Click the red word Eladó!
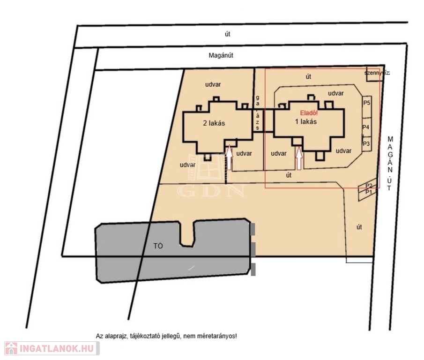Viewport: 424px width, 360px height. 309,113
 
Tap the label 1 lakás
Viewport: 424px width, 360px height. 306,121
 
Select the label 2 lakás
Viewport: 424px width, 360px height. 214,124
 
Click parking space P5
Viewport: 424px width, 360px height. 366,103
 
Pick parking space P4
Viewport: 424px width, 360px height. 366,127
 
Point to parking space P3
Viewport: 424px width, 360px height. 366,143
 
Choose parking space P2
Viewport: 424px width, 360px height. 369,186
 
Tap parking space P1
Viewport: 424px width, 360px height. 368,192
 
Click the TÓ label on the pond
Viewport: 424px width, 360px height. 158,246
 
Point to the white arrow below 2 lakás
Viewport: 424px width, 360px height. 229,157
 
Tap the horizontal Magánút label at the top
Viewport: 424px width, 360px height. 221,55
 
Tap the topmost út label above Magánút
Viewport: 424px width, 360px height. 228,34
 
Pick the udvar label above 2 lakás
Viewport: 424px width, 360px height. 213,84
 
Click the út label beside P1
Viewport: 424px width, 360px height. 359,227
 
